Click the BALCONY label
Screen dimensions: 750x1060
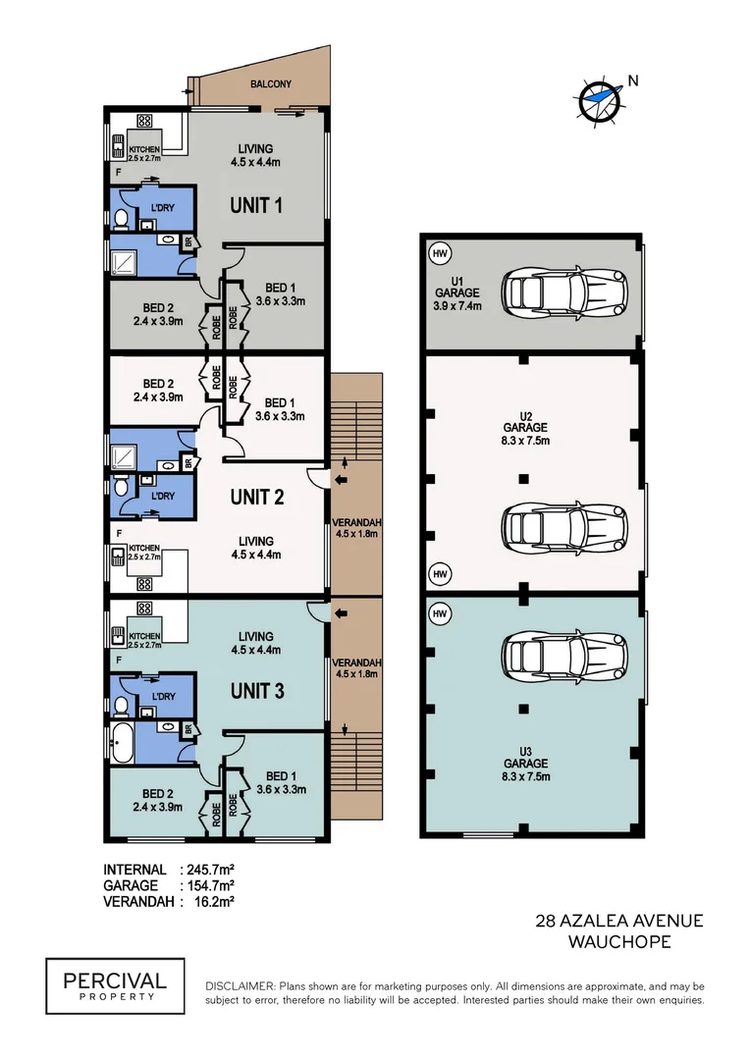pos(271,83)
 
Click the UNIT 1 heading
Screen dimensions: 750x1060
pos(256,205)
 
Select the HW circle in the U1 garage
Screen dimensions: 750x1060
pos(440,254)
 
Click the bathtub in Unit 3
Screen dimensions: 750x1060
pos(123,744)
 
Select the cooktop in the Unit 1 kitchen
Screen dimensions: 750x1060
pos(144,121)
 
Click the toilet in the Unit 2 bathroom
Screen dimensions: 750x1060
pos(121,487)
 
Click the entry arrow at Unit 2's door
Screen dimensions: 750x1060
pos(341,479)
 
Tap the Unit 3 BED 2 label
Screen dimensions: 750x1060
pos(158,800)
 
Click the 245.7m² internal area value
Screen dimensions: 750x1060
pos(210,870)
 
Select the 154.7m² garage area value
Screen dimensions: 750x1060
pos(210,885)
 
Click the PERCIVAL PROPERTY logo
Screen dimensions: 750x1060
pos(115,985)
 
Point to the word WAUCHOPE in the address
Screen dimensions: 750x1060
pos(619,941)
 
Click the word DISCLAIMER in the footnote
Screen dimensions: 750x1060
pos(241,986)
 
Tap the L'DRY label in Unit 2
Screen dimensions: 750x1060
pos(162,496)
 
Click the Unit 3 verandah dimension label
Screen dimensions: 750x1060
pos(356,668)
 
